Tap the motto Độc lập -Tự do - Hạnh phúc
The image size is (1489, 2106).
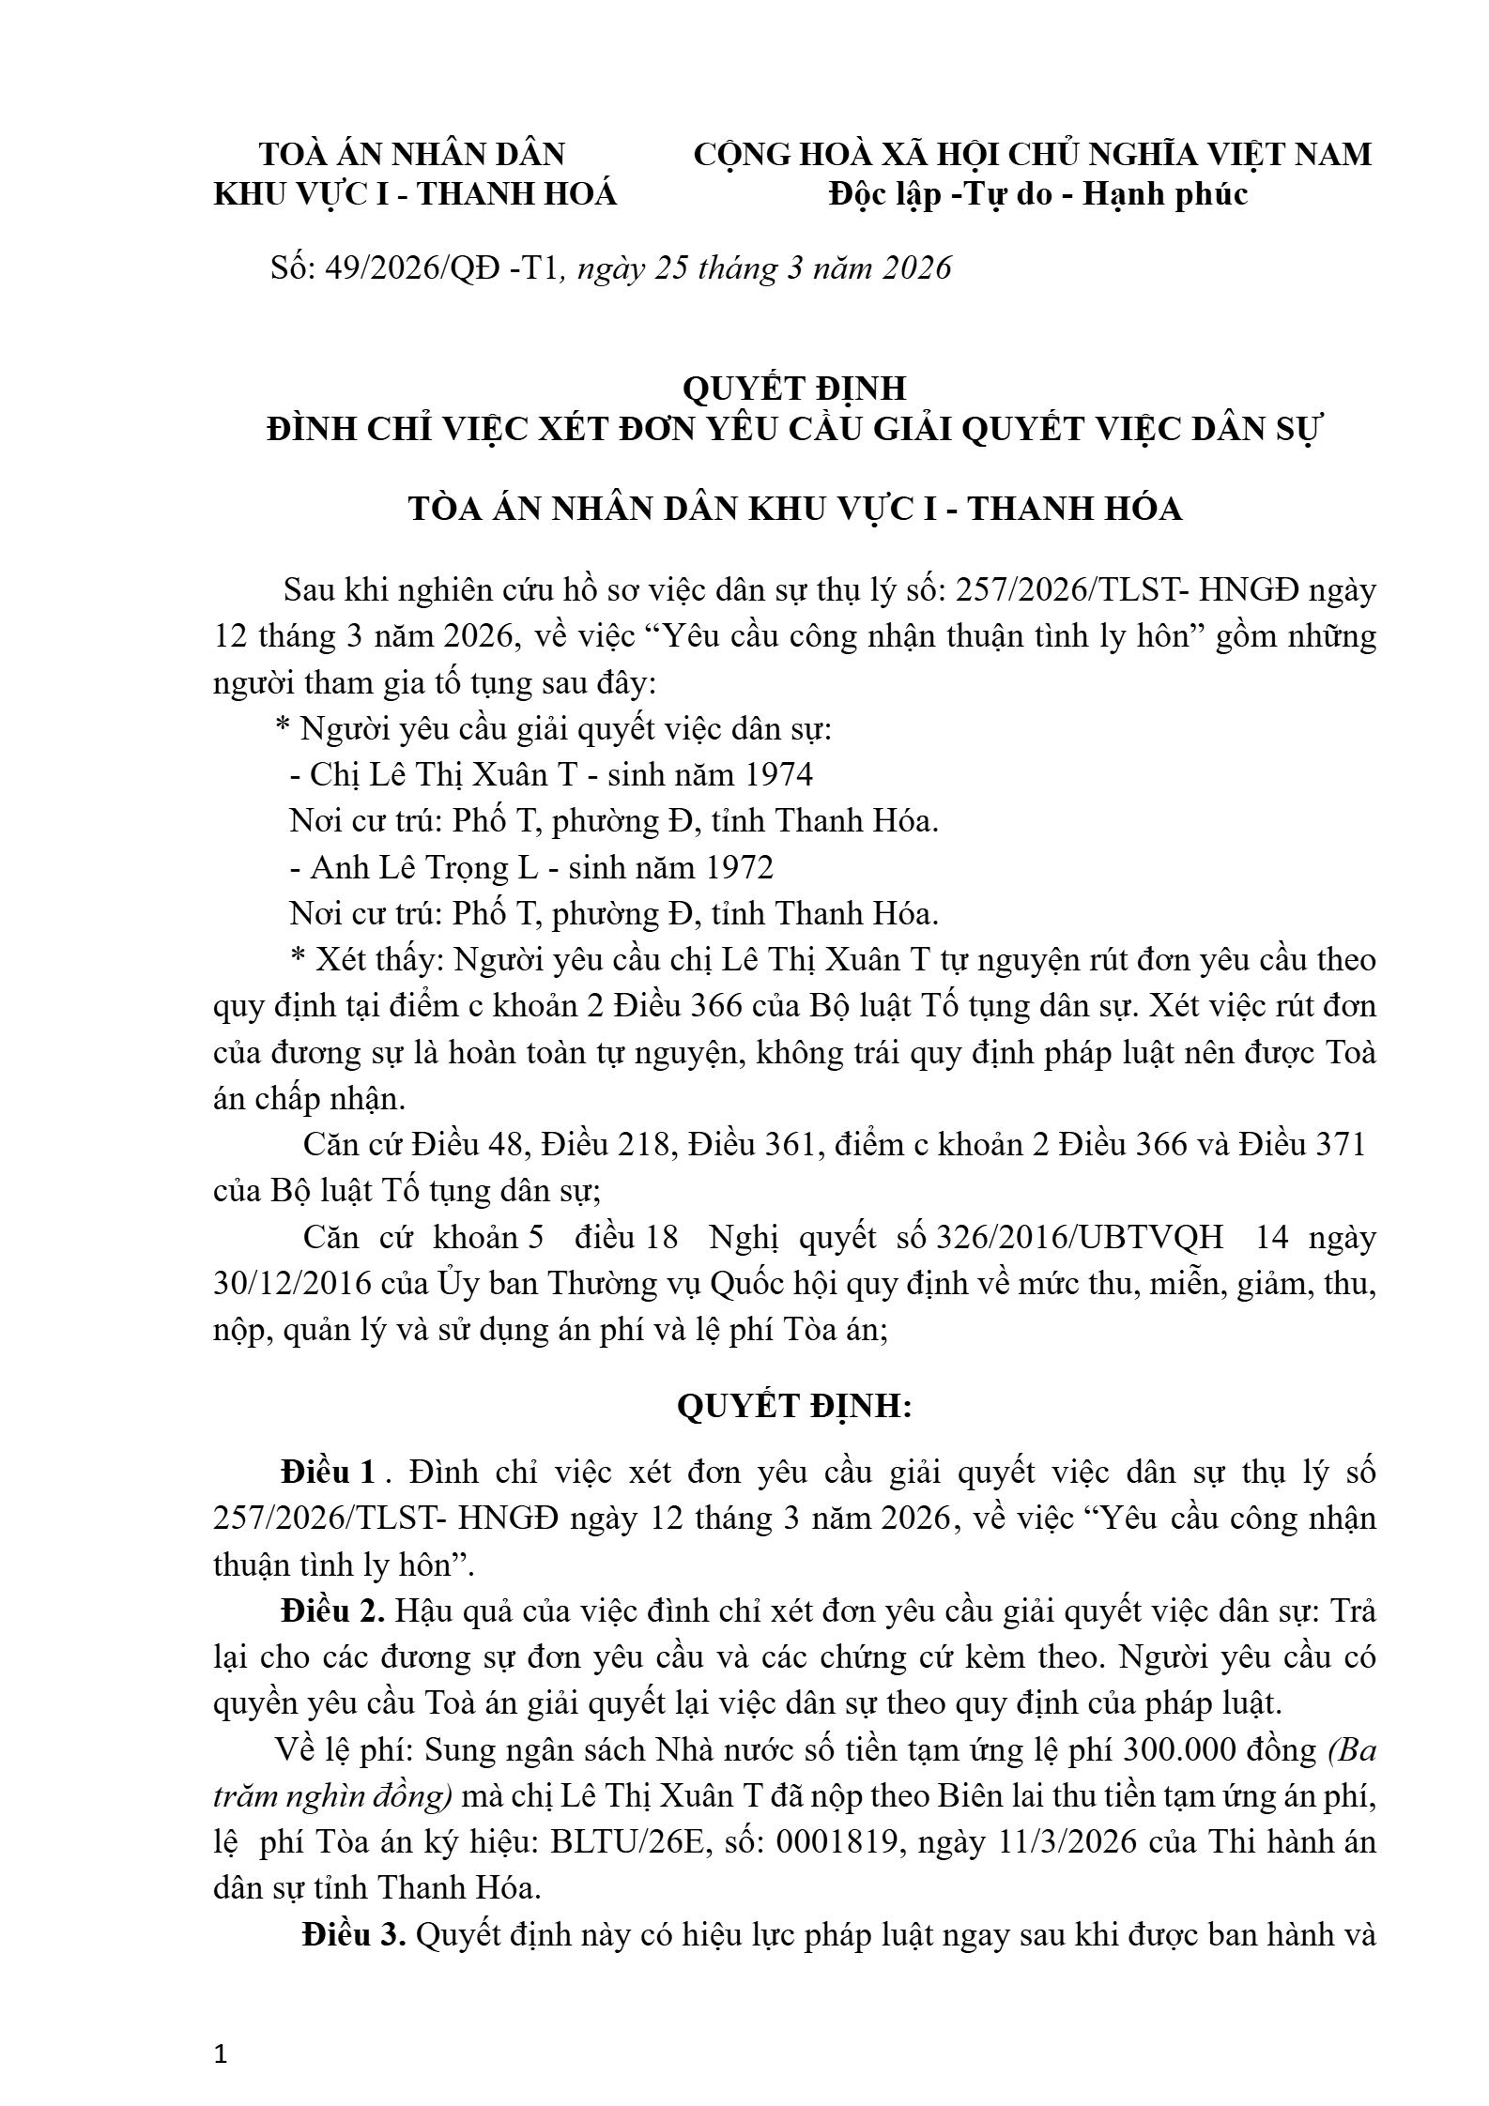[x=1038, y=194]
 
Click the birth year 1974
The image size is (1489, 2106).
[x=778, y=774]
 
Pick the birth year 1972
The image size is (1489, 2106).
[x=739, y=867]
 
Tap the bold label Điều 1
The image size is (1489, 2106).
[x=328, y=1472]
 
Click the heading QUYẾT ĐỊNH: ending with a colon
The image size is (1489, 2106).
[x=793, y=1408]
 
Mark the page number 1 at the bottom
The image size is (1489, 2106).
[x=221, y=2053]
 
